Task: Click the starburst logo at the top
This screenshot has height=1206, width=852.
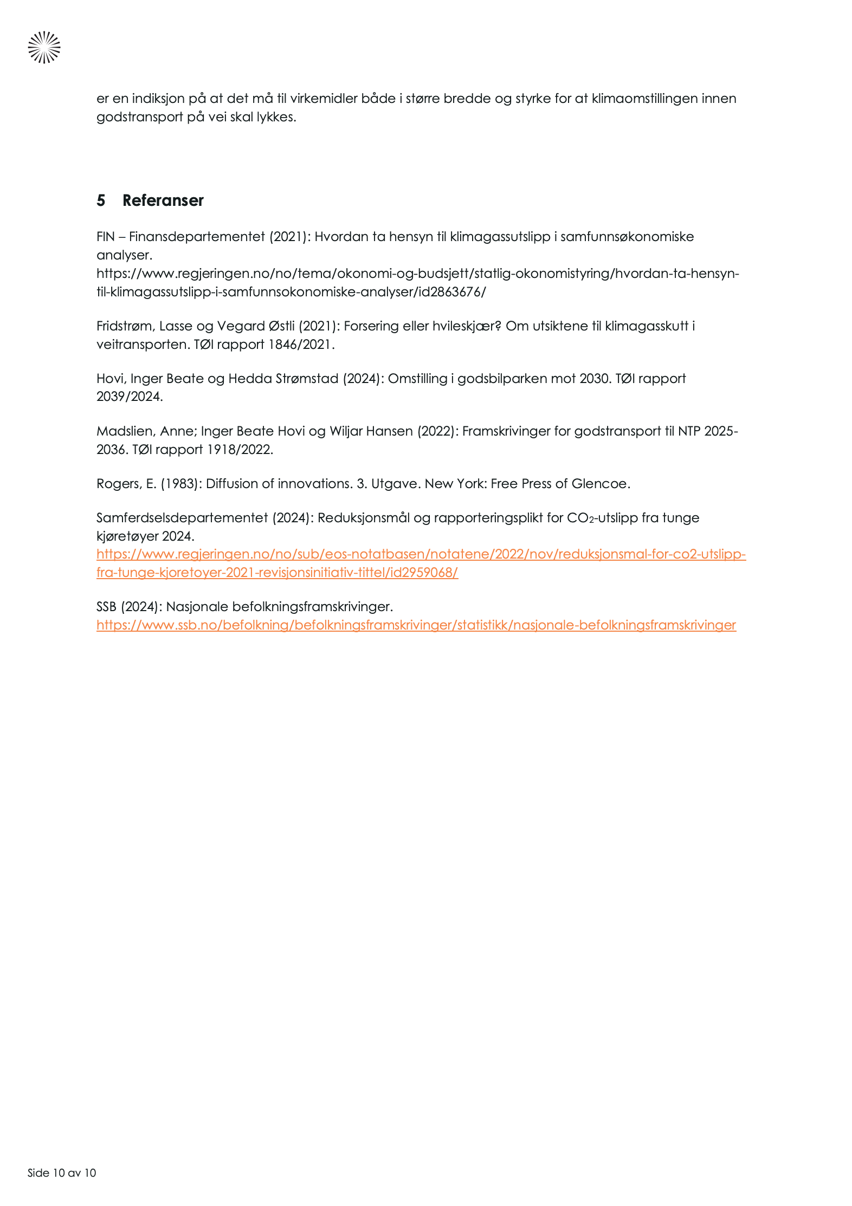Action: [44, 48]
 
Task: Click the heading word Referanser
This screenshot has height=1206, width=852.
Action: [163, 200]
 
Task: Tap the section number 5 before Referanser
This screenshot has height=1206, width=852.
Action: [101, 200]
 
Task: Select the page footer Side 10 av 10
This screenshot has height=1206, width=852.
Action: [62, 1172]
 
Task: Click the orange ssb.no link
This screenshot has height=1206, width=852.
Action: [416, 625]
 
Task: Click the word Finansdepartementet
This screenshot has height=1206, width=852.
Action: [197, 237]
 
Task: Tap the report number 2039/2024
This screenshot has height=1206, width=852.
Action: [129, 397]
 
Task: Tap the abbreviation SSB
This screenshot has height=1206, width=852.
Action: [106, 607]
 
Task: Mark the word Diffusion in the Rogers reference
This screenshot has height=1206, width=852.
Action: [232, 484]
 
